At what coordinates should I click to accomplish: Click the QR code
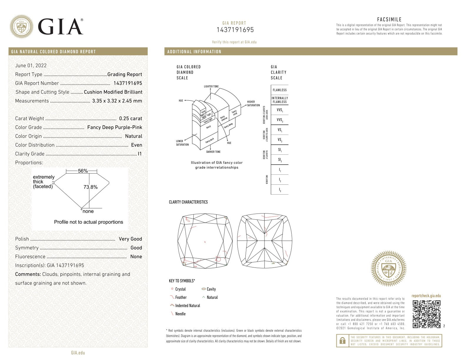pyautogui.click(x=426, y=314)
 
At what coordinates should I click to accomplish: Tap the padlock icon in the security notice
pyautogui.click(x=342, y=341)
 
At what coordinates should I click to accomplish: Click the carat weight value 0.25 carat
pyautogui.click(x=130, y=119)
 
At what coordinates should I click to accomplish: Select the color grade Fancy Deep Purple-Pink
pyautogui.click(x=114, y=127)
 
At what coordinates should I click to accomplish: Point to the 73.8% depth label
pyautogui.click(x=91, y=187)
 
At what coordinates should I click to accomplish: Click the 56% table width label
pyautogui.click(x=83, y=171)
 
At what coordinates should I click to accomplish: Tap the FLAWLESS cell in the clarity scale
pyautogui.click(x=279, y=90)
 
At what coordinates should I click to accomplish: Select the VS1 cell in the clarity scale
pyautogui.click(x=279, y=130)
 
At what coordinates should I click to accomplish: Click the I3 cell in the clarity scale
pyautogui.click(x=279, y=190)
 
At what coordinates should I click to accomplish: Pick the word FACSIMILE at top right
pyautogui.click(x=389, y=20)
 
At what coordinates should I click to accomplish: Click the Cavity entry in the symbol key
pyautogui.click(x=211, y=289)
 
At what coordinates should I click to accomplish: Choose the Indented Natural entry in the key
pyautogui.click(x=187, y=306)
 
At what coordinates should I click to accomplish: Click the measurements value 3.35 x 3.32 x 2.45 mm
pyautogui.click(x=117, y=101)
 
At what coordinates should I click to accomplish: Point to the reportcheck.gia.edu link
pyautogui.click(x=426, y=296)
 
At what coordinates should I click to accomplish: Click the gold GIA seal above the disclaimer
pyautogui.click(x=388, y=269)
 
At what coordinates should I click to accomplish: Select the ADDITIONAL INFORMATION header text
pyautogui.click(x=194, y=52)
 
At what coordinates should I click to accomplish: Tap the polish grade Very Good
pyautogui.click(x=130, y=239)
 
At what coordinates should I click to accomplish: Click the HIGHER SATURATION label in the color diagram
pyautogui.click(x=253, y=104)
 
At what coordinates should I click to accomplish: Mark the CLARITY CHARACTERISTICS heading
pyautogui.click(x=188, y=202)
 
